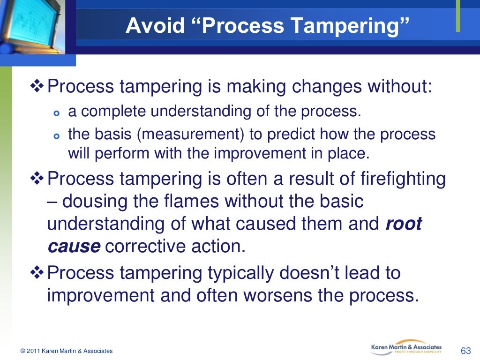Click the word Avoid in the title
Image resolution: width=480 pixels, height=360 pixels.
pos(150,26)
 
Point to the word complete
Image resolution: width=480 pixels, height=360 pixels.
pos(112,112)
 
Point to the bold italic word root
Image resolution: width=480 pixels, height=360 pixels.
pos(403,224)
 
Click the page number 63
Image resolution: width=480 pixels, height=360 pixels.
pos(465,351)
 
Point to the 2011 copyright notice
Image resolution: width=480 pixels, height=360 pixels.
pos(67,351)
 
